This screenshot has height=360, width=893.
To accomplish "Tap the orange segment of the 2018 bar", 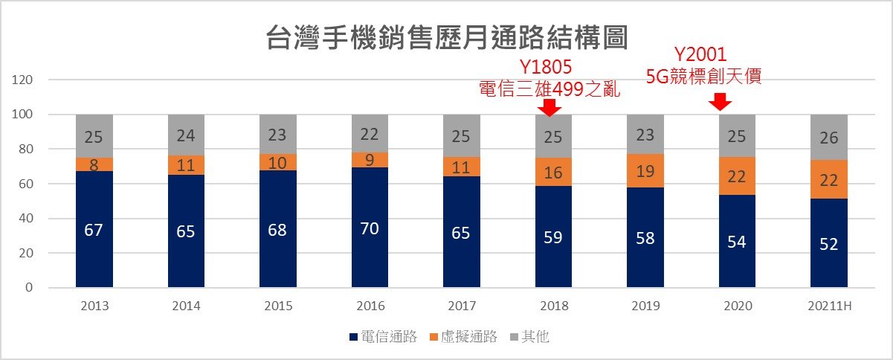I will click(553, 172).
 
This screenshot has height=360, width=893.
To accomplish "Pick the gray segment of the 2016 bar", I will click(370, 133).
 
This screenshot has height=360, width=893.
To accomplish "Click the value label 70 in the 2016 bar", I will click(370, 228).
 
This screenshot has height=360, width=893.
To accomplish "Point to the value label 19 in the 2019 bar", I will click(645, 170).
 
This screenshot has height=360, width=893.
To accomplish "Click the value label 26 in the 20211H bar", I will click(829, 137).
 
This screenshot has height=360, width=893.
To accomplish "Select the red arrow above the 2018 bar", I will click(549, 107).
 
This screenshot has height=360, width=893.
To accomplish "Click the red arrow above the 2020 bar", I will click(719, 102).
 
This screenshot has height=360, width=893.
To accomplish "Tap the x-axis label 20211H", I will click(829, 306).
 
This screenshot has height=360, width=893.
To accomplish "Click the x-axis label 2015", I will click(277, 306).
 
